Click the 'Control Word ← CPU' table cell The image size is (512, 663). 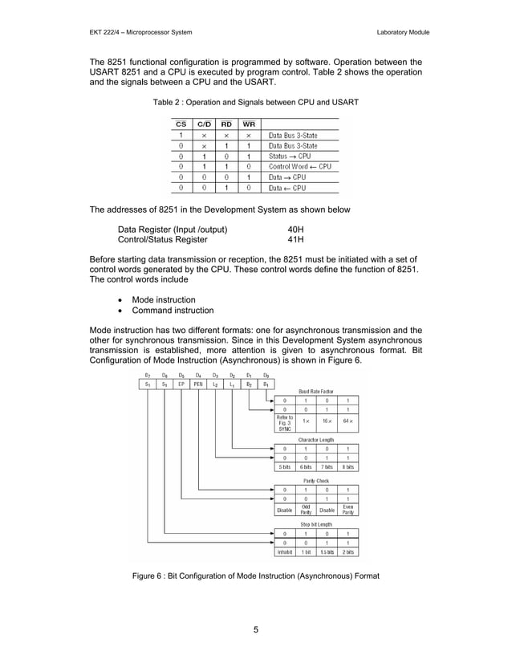(x=299, y=167)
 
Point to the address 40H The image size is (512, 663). (x=295, y=230)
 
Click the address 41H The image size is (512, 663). (x=295, y=239)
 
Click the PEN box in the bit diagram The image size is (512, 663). (x=198, y=384)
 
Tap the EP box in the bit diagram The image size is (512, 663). (x=181, y=384)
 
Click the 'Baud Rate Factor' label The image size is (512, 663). (x=316, y=391)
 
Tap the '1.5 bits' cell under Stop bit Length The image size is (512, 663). (x=327, y=552)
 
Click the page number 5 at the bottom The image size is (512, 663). (x=255, y=628)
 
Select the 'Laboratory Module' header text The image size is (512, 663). (x=403, y=32)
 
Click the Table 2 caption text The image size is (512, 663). (x=255, y=103)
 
